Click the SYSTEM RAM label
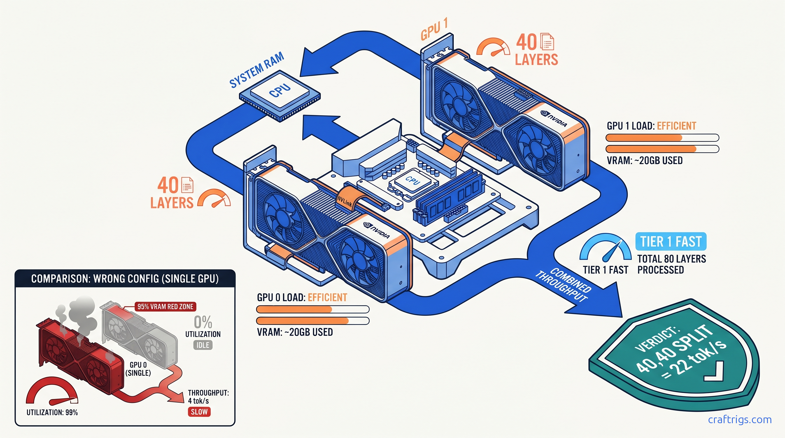point(257,70)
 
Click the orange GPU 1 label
point(434,29)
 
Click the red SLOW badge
point(199,412)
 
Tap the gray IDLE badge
point(203,345)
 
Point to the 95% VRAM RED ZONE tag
point(165,307)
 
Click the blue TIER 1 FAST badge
point(671,242)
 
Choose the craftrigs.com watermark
point(740,420)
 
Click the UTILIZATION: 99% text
point(52,412)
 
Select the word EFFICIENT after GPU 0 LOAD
point(327,298)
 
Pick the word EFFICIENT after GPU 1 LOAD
point(676,126)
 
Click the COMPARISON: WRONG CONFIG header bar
point(125,279)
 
